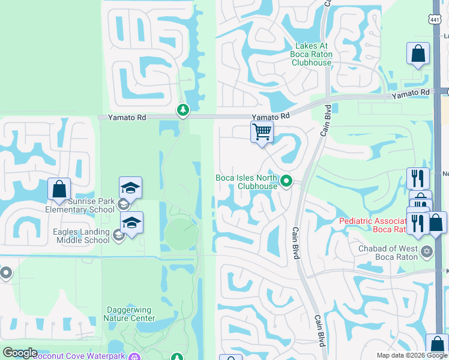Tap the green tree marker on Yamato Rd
pos(182,110)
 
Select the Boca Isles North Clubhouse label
pos(247,182)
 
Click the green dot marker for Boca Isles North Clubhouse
pos(286,180)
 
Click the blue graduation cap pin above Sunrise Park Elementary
pos(131,188)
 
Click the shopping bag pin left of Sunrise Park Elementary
pos(59,190)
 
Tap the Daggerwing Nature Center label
pos(131,314)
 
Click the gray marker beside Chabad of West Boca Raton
pos(426,250)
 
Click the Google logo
pos(20,353)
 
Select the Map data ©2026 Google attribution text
pos(411,355)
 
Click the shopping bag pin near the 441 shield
pos(418,54)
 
